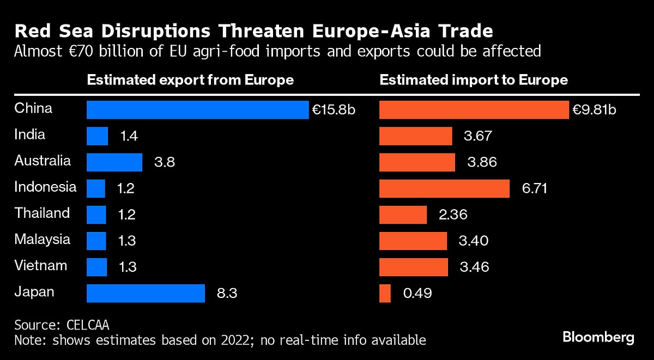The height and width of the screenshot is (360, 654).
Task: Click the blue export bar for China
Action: coord(197,109)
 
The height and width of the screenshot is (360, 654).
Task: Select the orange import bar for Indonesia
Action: coord(444,188)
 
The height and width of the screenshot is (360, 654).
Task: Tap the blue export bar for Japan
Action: coord(146,294)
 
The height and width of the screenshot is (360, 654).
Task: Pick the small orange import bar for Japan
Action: coord(385,294)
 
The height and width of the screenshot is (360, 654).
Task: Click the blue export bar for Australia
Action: coord(114,162)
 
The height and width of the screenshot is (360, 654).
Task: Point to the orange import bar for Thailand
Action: coord(403,215)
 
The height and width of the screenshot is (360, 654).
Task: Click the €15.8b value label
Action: coord(334,110)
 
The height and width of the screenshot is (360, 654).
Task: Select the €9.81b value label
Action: coord(594,110)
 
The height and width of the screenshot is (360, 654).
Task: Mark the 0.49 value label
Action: coord(417,294)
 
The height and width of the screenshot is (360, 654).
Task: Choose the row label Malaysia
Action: coord(42,239)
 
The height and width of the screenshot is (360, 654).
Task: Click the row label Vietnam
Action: coord(41,265)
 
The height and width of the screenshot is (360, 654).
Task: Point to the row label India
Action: coord(30,135)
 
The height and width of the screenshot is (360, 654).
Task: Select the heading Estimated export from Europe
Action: coord(190,80)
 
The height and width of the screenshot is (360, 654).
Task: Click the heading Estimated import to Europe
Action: coord(474,80)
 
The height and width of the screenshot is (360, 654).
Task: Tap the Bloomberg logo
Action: coord(598,337)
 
